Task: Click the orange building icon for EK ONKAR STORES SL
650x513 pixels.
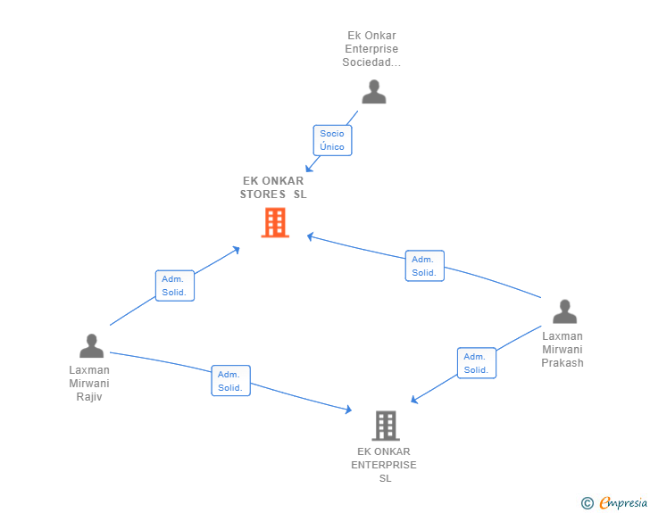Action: [275, 222]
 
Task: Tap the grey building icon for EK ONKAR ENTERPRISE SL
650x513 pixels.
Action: [385, 426]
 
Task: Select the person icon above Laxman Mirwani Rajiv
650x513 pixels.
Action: [91, 345]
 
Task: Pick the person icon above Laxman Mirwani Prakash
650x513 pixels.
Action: [564, 311]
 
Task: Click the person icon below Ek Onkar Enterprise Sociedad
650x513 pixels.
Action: [373, 92]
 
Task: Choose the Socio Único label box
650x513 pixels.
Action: [332, 140]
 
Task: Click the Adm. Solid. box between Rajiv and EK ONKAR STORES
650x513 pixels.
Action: [175, 285]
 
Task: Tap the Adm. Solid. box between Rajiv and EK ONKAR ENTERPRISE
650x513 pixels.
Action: [230, 381]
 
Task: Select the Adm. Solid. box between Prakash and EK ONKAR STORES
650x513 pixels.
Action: [424, 266]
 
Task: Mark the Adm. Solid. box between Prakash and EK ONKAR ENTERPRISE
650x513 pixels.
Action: [476, 363]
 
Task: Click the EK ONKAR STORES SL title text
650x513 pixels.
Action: [273, 187]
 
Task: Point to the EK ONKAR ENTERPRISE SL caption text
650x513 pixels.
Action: [384, 465]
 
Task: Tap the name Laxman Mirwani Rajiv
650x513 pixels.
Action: [89, 383]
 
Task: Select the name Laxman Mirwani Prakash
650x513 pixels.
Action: [562, 350]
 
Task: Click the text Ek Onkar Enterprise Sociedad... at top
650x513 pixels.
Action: [372, 49]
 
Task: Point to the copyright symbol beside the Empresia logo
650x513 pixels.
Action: [587, 504]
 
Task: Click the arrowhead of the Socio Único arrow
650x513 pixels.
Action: [309, 169]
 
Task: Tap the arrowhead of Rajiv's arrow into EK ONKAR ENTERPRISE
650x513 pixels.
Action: [350, 410]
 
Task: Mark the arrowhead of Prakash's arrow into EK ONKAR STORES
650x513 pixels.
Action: [310, 236]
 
